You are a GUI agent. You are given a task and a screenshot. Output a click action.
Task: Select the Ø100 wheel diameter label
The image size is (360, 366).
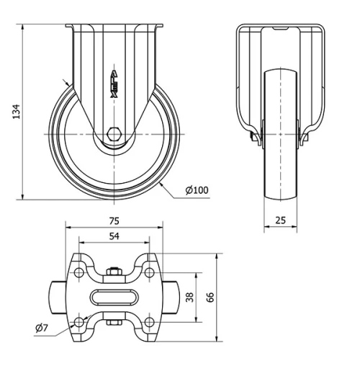click(197, 190)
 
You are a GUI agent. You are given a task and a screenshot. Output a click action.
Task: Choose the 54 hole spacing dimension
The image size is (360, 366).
click(113, 236)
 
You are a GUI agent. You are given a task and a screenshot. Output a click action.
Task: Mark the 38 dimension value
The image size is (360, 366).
click(189, 297)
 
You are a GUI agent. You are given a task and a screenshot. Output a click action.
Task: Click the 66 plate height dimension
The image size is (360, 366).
click(211, 297)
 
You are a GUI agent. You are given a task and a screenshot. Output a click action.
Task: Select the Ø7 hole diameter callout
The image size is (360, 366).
click(42, 329)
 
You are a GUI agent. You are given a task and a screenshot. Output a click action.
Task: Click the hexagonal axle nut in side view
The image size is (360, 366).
click(114, 133)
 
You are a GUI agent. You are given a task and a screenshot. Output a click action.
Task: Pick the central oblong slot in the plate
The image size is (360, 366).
click(114, 297)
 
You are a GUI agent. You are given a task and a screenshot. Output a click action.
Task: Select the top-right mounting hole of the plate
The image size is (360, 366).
click(148, 272)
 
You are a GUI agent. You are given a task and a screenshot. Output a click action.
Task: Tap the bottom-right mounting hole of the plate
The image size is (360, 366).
click(148, 321)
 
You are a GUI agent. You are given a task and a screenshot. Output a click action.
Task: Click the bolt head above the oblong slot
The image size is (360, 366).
click(113, 272)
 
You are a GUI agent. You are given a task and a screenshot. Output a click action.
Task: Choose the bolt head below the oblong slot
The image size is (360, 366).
click(113, 322)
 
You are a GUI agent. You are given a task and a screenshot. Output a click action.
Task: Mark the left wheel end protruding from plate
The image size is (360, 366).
click(58, 297)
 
